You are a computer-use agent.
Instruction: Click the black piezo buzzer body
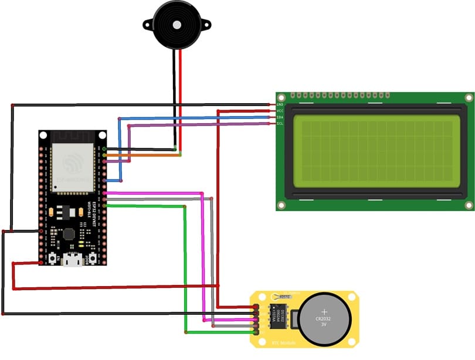[175, 24]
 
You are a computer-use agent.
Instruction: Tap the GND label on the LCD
[280, 104]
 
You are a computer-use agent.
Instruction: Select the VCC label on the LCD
[280, 111]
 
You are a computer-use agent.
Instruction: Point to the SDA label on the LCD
[280, 117]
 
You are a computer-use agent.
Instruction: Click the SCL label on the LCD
[280, 124]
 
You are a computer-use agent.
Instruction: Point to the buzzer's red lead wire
[180, 100]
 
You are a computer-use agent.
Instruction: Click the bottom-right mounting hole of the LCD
[468, 204]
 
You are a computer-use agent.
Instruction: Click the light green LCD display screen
[376, 151]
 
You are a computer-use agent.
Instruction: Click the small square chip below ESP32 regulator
[69, 233]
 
